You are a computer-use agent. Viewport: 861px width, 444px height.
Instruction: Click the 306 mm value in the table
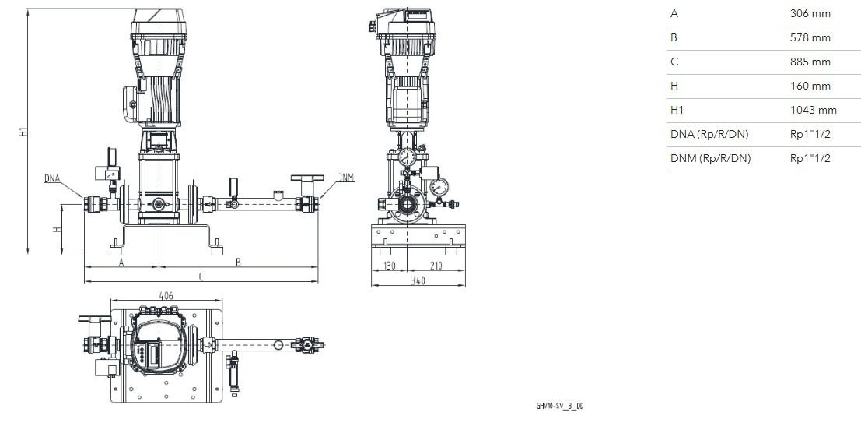[x=810, y=13]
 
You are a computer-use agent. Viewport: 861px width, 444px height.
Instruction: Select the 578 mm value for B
[x=810, y=37]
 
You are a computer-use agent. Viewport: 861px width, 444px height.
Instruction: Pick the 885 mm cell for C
[x=810, y=62]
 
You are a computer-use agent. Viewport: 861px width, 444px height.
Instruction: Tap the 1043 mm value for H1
[x=814, y=110]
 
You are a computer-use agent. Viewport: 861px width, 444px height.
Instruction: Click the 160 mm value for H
[x=810, y=86]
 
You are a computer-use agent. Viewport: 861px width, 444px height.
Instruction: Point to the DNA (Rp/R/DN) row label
[x=709, y=134]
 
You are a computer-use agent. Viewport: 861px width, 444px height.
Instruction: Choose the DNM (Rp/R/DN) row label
[x=710, y=158]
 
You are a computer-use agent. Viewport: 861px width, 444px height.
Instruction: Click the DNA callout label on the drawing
[x=51, y=178]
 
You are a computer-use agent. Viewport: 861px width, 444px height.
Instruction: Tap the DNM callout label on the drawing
[x=345, y=178]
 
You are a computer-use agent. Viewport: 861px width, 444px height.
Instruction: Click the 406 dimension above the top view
[x=166, y=295]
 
